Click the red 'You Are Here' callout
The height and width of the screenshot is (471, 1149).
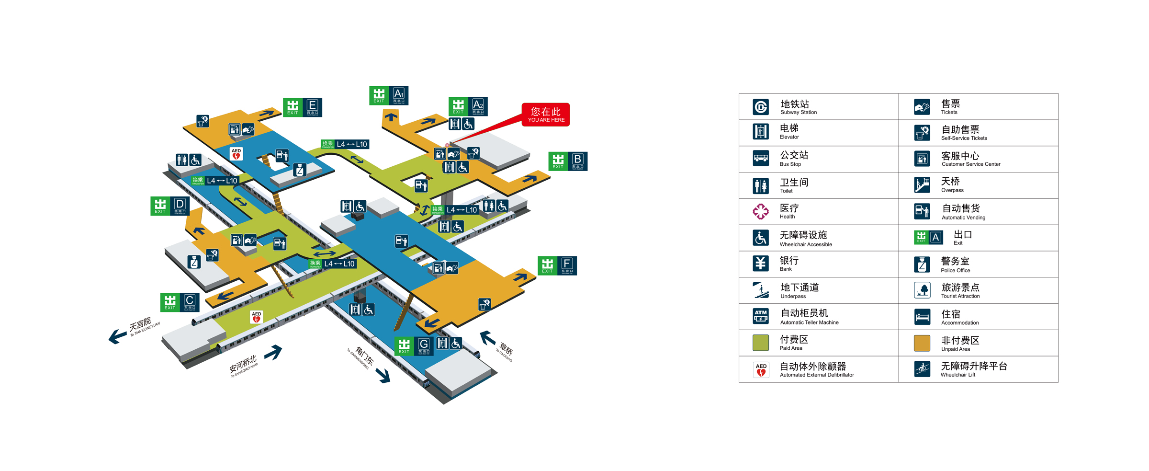tap(545, 115)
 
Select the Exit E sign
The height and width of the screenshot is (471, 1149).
tap(302, 107)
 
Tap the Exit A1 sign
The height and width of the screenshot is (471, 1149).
tap(388, 95)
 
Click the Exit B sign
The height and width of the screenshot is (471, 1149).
tap(567, 161)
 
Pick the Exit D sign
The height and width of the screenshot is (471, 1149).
tap(170, 206)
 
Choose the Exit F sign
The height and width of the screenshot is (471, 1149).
tap(557, 265)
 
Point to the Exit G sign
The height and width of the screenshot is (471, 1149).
tap(414, 346)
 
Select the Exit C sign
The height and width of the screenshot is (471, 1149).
tap(180, 302)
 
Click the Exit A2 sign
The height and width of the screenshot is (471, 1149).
tap(468, 106)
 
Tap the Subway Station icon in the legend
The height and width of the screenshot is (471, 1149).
tap(760, 107)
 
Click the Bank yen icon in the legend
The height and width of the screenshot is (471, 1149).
tap(760, 263)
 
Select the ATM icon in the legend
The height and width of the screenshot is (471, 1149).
tap(760, 316)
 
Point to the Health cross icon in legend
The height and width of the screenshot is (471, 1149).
tap(760, 211)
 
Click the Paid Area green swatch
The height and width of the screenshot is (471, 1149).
tap(760, 343)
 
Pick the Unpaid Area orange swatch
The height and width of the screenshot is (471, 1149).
tap(922, 343)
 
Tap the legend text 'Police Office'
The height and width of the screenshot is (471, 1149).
tap(955, 271)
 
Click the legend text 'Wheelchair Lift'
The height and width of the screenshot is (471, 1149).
tap(957, 375)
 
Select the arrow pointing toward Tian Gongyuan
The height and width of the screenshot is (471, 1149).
tap(117, 336)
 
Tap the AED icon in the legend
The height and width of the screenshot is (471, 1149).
tap(761, 369)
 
